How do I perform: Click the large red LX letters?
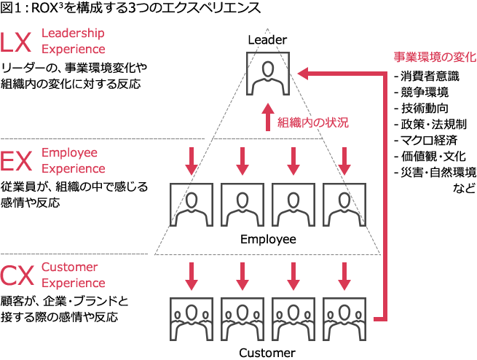point(16,42)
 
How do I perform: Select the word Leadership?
point(73,34)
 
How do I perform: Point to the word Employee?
point(69,154)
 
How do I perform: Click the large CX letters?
point(17,276)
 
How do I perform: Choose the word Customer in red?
point(70,267)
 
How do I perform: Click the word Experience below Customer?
point(73,283)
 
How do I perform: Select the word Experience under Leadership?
point(73,49)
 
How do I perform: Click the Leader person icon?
point(267,74)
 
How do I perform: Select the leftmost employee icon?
point(191,205)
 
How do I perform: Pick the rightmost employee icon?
point(344,205)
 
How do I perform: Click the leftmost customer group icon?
point(191,319)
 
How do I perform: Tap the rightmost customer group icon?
point(344,319)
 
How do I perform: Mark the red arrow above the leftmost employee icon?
point(191,162)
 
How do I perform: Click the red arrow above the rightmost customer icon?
point(344,275)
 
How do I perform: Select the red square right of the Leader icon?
point(302,72)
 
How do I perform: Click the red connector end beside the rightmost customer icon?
point(377,318)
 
